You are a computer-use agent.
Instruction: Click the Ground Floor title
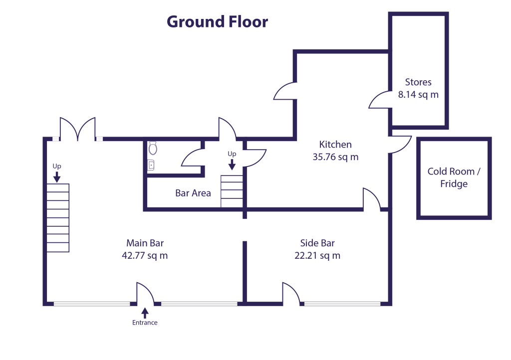[217, 22]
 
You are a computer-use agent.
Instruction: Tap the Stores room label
[418, 82]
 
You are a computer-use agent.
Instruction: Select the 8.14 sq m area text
[418, 94]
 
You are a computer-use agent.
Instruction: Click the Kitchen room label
[335, 145]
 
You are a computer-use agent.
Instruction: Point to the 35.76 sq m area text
[335, 157]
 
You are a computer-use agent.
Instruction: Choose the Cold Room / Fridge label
[454, 178]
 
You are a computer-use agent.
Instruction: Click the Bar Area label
[193, 193]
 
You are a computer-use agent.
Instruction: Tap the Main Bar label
[145, 243]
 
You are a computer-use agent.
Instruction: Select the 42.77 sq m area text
[145, 256]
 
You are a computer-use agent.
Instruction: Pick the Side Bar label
[317, 243]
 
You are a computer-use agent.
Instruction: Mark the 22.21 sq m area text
[317, 256]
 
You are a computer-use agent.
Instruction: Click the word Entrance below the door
[145, 323]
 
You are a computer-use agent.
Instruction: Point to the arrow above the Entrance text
[145, 313]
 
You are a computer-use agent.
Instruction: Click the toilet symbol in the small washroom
[153, 148]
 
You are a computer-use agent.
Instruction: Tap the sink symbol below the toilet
[151, 165]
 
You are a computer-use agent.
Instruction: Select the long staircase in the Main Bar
[58, 218]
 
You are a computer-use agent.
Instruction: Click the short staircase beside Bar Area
[232, 191]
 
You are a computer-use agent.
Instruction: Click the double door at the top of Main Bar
[78, 129]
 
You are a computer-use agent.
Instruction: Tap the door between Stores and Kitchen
[379, 100]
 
